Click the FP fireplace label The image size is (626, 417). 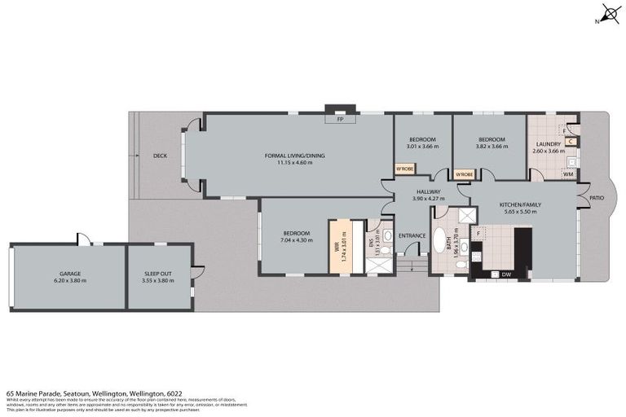pos(339,119)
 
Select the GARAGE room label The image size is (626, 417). pos(68,274)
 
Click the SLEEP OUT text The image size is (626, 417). pos(161,274)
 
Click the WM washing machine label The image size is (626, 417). pos(568,173)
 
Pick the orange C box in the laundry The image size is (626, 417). pos(571,141)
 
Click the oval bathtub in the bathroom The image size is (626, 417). pos(442,243)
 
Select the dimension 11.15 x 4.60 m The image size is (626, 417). pos(294,163)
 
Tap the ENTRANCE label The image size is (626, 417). pos(412,236)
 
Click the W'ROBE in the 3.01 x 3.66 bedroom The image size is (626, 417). pos(404,169)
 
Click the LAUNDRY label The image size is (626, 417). pos(548,145)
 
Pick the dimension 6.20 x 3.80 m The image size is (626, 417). pos(68,281)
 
